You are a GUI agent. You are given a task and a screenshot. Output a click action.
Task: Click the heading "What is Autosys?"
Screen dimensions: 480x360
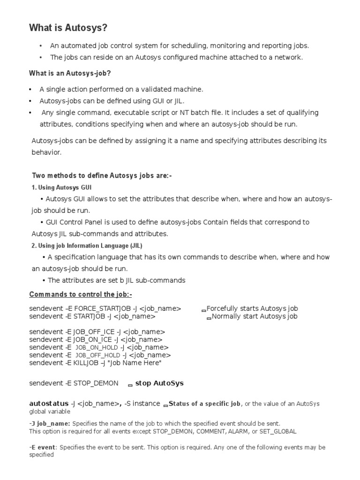(x=68, y=28)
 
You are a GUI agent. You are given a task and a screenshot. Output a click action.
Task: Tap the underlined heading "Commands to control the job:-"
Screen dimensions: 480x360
(x=81, y=294)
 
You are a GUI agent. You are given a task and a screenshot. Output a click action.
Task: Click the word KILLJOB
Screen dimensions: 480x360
(x=88, y=363)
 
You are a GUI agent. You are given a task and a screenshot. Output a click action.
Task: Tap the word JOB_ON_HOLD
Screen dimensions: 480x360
(x=97, y=348)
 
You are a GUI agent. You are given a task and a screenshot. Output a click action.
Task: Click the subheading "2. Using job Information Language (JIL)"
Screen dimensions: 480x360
(x=87, y=246)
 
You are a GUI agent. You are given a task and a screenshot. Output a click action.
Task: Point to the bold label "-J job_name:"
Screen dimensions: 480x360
(x=50, y=423)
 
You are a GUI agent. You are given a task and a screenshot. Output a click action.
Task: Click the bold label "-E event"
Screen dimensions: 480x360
(x=42, y=447)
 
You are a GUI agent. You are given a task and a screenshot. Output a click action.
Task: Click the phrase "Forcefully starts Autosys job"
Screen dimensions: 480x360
(x=252, y=308)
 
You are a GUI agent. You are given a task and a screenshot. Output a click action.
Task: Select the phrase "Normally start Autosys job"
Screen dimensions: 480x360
(x=255, y=316)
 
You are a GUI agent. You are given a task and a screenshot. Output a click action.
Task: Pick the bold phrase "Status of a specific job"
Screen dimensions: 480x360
(x=204, y=404)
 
